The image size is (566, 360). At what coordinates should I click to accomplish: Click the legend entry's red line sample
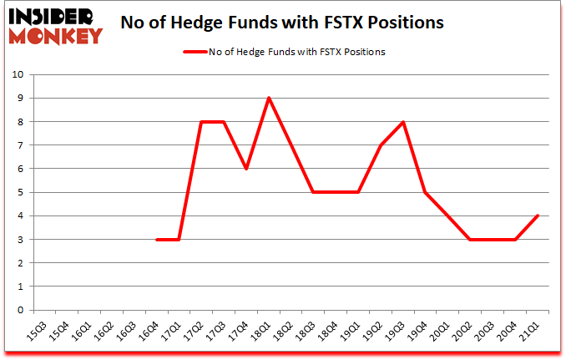point(200,52)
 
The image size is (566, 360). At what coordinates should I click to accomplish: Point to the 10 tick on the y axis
point(18,75)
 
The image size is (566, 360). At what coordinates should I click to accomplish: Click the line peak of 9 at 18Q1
point(269,98)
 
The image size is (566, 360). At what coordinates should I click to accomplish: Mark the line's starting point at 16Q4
point(156,239)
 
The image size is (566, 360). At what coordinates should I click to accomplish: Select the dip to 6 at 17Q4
point(246,169)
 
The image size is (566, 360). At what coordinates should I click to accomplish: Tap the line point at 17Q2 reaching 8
point(201,122)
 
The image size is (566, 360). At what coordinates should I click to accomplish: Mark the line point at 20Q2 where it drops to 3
point(472,239)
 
